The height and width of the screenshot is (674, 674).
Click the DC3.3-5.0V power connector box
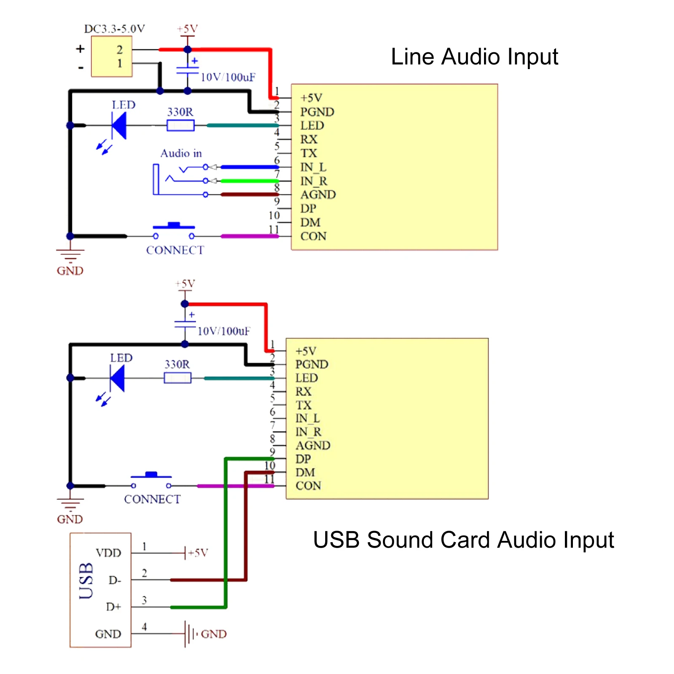point(112,56)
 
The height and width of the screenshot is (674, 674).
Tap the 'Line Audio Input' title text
point(474,57)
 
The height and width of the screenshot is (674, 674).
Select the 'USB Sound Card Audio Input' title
point(463,540)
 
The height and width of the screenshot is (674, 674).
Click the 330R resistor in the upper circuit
point(180,125)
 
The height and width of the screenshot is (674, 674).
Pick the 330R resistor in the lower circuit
point(177,378)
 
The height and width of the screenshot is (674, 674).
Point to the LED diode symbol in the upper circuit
point(119,125)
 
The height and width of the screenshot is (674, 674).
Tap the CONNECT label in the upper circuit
point(175,250)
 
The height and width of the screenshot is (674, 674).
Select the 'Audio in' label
point(181,153)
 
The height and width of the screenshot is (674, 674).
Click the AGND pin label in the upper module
point(318,195)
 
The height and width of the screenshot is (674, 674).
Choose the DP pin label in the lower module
point(303,459)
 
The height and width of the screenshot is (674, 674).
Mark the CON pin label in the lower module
point(308,486)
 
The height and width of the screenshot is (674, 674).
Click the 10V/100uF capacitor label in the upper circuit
point(228,77)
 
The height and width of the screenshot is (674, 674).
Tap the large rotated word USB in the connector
point(86,580)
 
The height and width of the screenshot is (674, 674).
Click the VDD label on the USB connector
point(108,553)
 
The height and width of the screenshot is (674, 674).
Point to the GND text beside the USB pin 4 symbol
point(214,634)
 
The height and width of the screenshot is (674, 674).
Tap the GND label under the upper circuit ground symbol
point(70,270)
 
